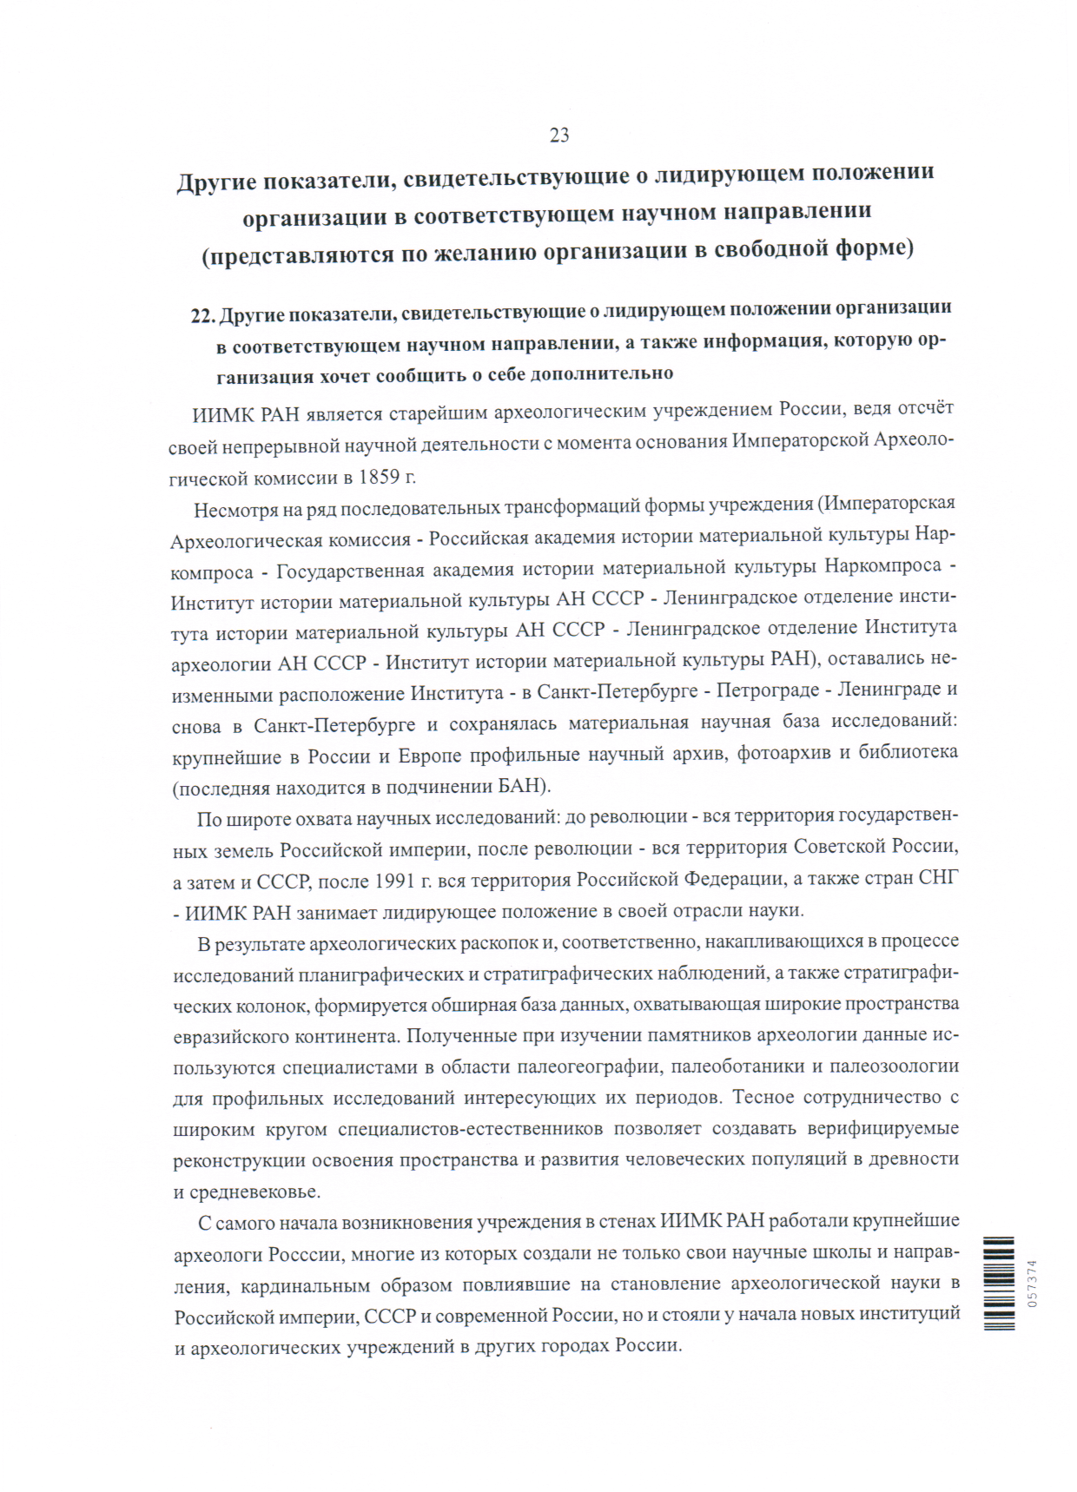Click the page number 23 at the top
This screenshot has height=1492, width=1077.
pyautogui.click(x=558, y=135)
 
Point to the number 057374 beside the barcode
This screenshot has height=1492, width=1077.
pyautogui.click(x=1031, y=1283)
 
